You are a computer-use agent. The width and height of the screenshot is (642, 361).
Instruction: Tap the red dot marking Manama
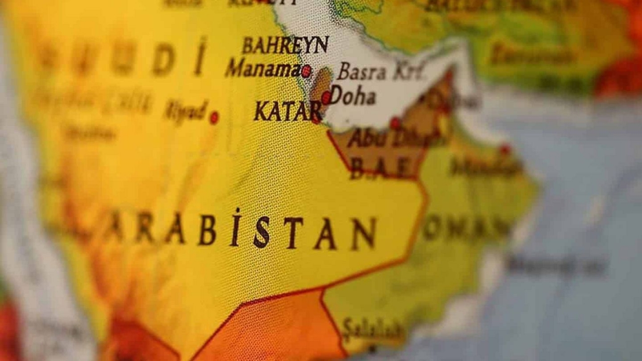[x=306, y=71]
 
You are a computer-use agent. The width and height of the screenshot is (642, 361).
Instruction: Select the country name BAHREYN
[x=285, y=45]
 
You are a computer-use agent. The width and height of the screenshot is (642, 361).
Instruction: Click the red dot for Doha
[x=326, y=98]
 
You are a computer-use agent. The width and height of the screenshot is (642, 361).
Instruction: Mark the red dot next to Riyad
[x=214, y=118]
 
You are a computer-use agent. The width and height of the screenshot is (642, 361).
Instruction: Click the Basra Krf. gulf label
[x=381, y=72]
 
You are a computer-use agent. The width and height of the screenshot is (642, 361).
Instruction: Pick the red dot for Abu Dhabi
[x=395, y=123]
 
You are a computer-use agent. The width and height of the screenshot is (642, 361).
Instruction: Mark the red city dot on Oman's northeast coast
[x=505, y=149]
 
